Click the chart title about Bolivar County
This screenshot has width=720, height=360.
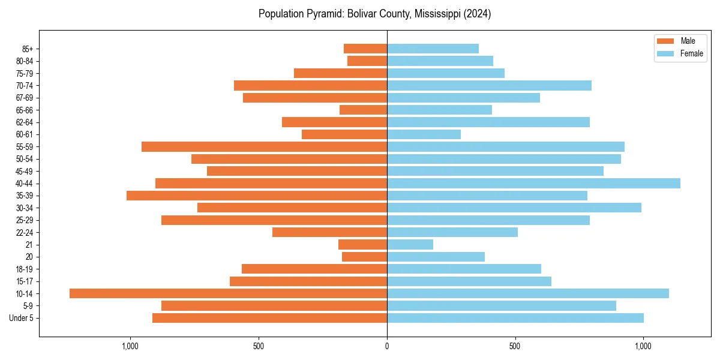point(374,14)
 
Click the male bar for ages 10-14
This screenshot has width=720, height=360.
point(228,293)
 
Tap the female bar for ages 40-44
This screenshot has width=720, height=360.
point(533,184)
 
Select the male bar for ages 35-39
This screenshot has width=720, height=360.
point(257,196)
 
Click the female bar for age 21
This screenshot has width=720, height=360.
point(410,245)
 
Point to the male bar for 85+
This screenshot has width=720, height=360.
point(365,49)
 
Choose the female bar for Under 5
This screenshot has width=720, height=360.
point(515,318)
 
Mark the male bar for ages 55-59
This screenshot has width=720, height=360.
point(264,147)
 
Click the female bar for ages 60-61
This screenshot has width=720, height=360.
point(424,134)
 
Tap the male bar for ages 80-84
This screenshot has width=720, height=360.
point(367,61)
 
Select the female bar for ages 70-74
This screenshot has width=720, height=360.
point(489,86)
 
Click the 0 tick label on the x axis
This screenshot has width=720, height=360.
point(387,346)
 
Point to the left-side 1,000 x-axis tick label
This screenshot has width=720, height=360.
point(130,346)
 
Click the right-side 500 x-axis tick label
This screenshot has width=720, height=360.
point(515,346)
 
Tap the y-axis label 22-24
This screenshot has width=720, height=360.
point(24,233)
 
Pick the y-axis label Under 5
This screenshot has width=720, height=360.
point(22,318)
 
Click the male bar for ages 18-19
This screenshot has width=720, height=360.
point(314,269)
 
